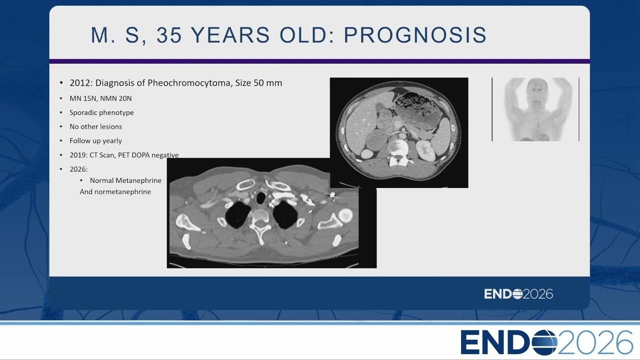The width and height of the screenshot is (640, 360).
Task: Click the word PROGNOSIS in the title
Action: pyautogui.click(x=415, y=35)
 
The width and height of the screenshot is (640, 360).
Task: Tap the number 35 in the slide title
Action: pyautogui.click(x=169, y=35)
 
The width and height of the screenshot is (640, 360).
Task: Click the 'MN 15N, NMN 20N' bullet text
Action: pyautogui.click(x=100, y=98)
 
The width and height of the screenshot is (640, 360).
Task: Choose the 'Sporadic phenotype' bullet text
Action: pyautogui.click(x=101, y=112)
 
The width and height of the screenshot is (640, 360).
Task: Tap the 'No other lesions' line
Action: pyautogui.click(x=95, y=126)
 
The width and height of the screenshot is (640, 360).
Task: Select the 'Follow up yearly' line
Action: pyautogui.click(x=95, y=141)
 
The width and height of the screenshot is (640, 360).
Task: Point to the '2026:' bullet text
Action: pyautogui.click(x=78, y=169)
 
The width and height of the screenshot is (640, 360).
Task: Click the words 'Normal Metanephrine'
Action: pyautogui.click(x=125, y=180)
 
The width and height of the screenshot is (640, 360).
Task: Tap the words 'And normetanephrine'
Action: pyautogui.click(x=115, y=191)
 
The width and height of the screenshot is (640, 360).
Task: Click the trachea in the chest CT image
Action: pyautogui.click(x=260, y=197)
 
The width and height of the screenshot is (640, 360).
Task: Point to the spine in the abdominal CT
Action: pyautogui.click(x=397, y=152)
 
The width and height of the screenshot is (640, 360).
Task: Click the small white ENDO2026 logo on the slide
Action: pyautogui.click(x=518, y=294)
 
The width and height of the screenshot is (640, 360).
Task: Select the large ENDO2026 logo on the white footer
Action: pyautogui.click(x=546, y=342)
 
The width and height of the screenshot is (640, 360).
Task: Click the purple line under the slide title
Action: pyautogui.click(x=319, y=61)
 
